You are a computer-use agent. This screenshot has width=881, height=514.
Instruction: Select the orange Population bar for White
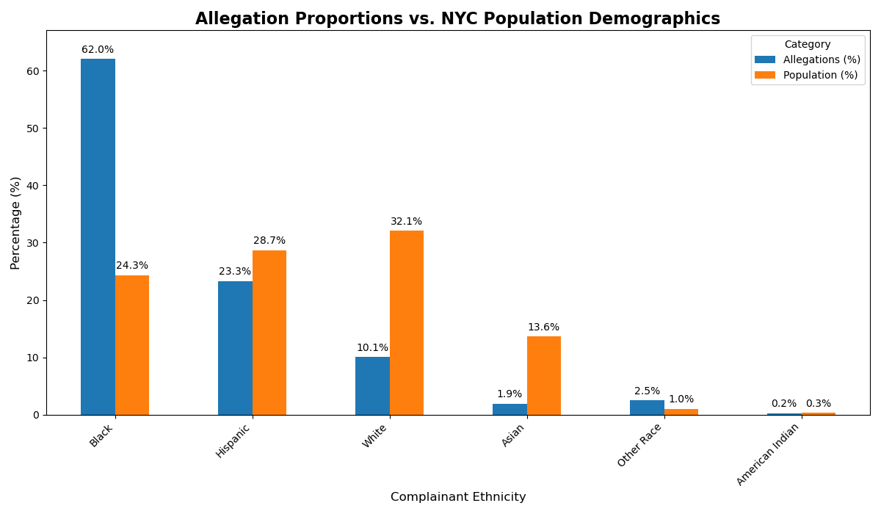click(x=407, y=322)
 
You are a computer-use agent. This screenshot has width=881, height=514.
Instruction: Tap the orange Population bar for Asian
click(x=544, y=375)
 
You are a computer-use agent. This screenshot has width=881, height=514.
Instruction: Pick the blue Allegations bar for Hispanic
click(x=235, y=348)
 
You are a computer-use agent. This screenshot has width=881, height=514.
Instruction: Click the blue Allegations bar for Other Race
click(x=647, y=408)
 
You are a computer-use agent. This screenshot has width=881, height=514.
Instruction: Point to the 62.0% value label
click(x=98, y=50)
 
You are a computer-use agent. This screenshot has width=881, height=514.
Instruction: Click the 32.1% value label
click(x=407, y=222)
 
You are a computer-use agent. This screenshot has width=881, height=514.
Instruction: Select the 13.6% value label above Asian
click(x=543, y=327)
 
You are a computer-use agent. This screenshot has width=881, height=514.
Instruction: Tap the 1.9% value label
click(x=510, y=394)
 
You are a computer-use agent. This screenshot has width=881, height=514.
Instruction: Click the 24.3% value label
click(x=132, y=266)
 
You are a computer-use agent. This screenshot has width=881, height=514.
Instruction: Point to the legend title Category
click(x=808, y=44)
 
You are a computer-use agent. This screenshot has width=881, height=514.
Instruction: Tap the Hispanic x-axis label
click(x=233, y=441)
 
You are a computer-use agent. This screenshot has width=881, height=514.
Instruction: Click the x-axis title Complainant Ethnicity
click(x=458, y=497)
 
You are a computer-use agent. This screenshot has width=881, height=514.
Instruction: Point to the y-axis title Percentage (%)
click(x=16, y=222)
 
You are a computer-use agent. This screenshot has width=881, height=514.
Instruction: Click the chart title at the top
click(x=457, y=19)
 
